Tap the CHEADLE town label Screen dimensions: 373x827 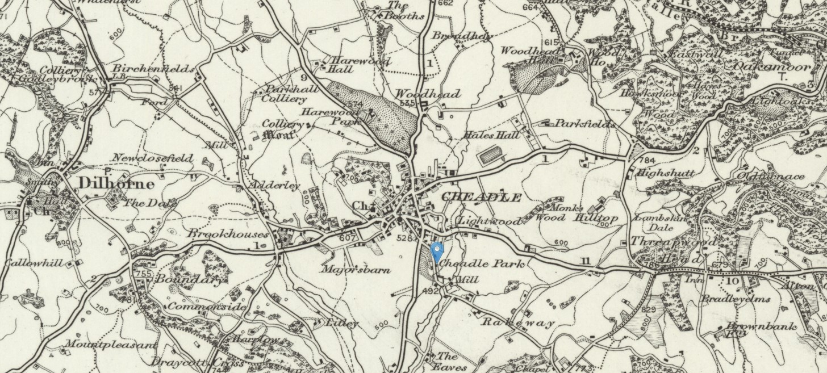(481, 198)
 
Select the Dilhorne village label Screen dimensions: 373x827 (116, 183)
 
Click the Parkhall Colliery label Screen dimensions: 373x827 (286, 94)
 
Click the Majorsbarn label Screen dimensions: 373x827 (356, 270)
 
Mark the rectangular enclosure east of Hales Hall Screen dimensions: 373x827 (492, 155)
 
